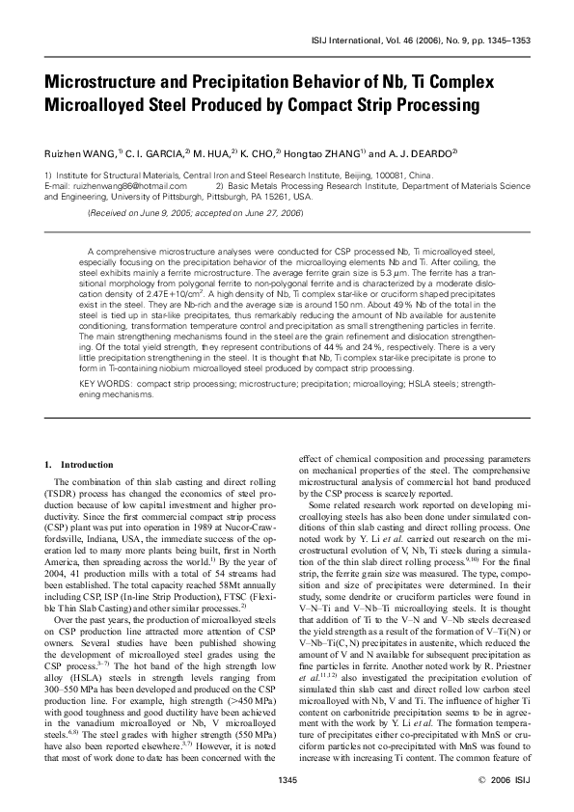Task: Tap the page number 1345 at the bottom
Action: click(287, 778)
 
